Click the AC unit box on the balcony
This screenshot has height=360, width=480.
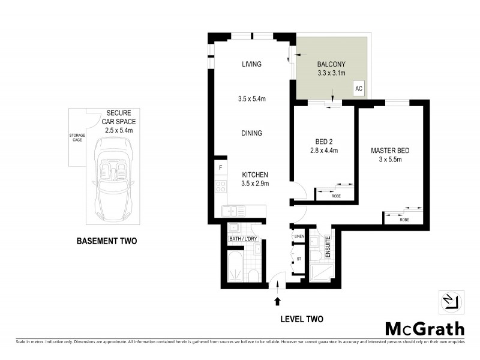[x=359, y=88]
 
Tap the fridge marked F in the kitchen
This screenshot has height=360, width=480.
[x=220, y=167]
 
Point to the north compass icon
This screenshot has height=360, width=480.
[x=453, y=302]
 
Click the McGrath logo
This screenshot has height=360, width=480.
[x=424, y=328]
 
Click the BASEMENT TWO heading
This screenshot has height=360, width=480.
[x=106, y=242]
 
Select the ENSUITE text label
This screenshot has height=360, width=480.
[x=328, y=247]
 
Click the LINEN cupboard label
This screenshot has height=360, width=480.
[x=299, y=237]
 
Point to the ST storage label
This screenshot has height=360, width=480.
[x=298, y=259]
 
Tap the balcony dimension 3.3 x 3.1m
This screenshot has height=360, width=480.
[x=332, y=73]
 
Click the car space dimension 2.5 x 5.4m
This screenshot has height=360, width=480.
[x=119, y=130]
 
